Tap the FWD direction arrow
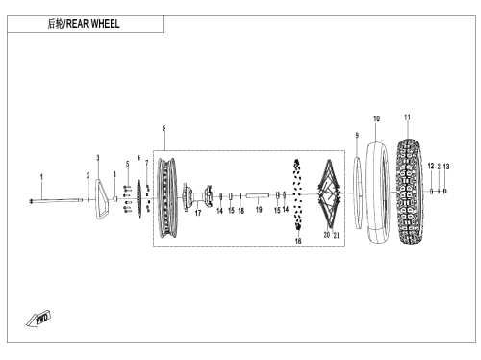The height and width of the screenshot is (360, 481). tap(38, 320)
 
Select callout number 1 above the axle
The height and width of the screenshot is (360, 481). tap(41, 177)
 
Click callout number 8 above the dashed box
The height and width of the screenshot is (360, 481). tap(164, 129)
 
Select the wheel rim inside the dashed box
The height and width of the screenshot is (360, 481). tap(167, 197)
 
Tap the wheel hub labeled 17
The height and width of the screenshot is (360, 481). tap(197, 197)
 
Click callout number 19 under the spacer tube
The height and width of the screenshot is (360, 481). tap(259, 210)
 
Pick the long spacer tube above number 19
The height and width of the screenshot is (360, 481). tap(258, 195)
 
